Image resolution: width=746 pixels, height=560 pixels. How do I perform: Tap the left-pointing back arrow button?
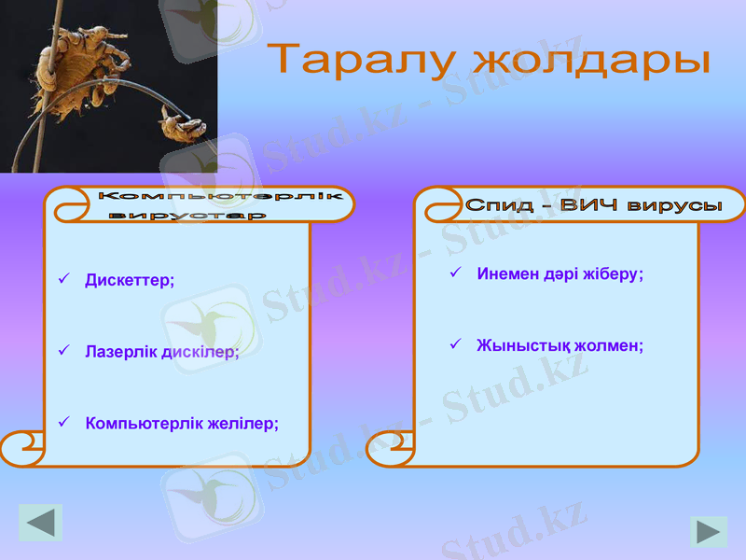click(x=40, y=523)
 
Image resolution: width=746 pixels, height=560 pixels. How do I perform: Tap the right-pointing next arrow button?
click(x=708, y=532)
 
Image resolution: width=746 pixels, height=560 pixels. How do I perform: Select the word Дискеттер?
click(x=130, y=280)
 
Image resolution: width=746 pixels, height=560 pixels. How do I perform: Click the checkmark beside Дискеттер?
click(x=63, y=279)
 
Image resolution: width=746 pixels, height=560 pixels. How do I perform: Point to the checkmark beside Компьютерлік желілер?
click(x=63, y=423)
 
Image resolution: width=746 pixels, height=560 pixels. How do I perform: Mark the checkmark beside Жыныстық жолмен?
click(x=456, y=344)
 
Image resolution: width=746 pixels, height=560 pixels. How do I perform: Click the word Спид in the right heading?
click(x=497, y=205)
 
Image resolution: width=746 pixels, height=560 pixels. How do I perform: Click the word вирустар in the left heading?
click(x=186, y=216)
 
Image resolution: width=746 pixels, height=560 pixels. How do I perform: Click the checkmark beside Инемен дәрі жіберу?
click(x=456, y=273)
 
